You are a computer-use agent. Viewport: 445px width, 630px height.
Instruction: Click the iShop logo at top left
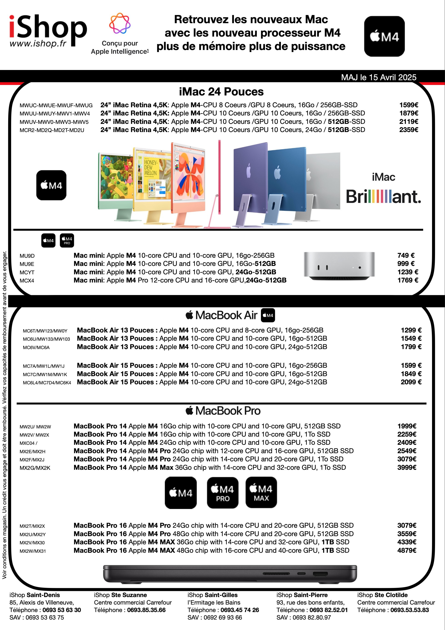(x=48, y=30)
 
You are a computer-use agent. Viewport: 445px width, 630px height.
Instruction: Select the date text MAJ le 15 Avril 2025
(x=379, y=77)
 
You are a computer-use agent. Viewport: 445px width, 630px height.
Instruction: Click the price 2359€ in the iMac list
(x=408, y=130)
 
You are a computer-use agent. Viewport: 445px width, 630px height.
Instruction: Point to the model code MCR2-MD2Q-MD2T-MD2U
(x=52, y=130)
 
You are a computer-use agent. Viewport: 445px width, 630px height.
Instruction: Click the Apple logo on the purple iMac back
(x=249, y=170)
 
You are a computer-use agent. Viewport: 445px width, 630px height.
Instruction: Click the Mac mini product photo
(x=339, y=266)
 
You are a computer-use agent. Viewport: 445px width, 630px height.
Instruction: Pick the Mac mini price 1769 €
(x=408, y=280)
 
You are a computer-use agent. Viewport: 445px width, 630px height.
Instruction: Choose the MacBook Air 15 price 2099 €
(x=411, y=382)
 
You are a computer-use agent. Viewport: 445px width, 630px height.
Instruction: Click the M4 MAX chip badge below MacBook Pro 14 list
(x=261, y=492)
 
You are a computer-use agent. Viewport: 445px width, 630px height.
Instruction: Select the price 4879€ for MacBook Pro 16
(x=407, y=550)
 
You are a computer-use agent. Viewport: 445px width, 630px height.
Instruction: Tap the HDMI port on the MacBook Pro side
(x=320, y=574)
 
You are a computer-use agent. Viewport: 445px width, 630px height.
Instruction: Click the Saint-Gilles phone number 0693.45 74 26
(x=240, y=610)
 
